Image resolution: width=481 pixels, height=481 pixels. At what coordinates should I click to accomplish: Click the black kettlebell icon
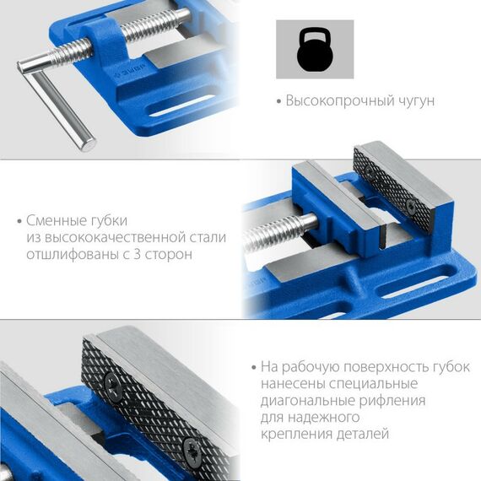(x=315, y=51)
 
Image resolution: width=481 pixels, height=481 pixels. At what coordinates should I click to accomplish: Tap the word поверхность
(x=381, y=367)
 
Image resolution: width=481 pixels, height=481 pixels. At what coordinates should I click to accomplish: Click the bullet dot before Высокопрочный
(x=278, y=101)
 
